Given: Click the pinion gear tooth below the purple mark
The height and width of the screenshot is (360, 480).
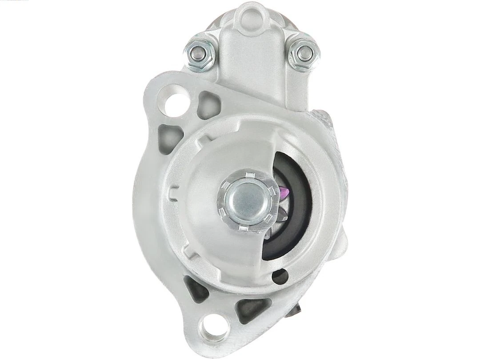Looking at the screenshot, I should click(x=281, y=213).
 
